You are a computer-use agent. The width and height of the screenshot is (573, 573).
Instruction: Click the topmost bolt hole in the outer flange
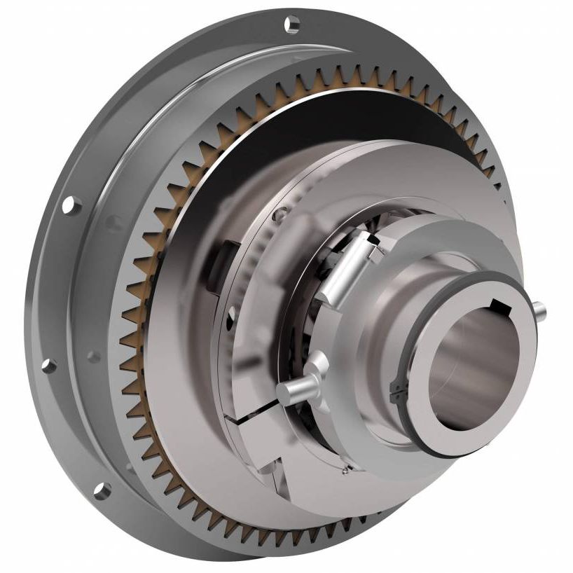click(292, 25)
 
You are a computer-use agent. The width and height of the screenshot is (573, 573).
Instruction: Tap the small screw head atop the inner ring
click(281, 214)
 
